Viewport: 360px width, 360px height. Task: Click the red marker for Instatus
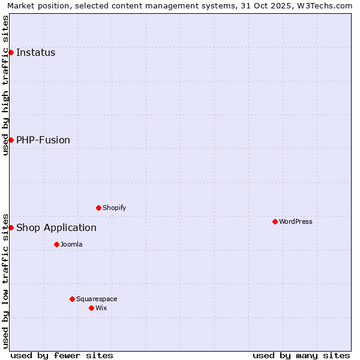[11, 52]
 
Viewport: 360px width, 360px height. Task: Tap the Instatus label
[35, 52]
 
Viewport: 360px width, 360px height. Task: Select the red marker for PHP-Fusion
[11, 140]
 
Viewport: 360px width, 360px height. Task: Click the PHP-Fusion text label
[43, 140]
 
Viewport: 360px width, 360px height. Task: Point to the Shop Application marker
[11, 227]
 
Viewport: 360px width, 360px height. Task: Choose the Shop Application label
[56, 227]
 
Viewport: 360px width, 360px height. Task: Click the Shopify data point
[98, 208]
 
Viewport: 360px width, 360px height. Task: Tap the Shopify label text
[114, 208]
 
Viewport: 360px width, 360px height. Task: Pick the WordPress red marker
[275, 221]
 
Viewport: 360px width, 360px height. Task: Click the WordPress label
[295, 221]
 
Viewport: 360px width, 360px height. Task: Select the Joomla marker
[56, 244]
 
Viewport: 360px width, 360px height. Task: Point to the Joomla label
[71, 244]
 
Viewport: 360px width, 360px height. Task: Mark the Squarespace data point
[72, 299]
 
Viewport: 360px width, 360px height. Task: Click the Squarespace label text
[97, 299]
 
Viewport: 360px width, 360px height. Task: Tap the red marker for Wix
[91, 308]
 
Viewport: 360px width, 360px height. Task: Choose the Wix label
[101, 308]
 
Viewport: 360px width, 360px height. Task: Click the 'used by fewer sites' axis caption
[62, 355]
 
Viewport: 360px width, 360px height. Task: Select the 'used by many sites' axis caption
[301, 355]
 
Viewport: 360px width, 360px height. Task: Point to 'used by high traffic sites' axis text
[5, 85]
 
